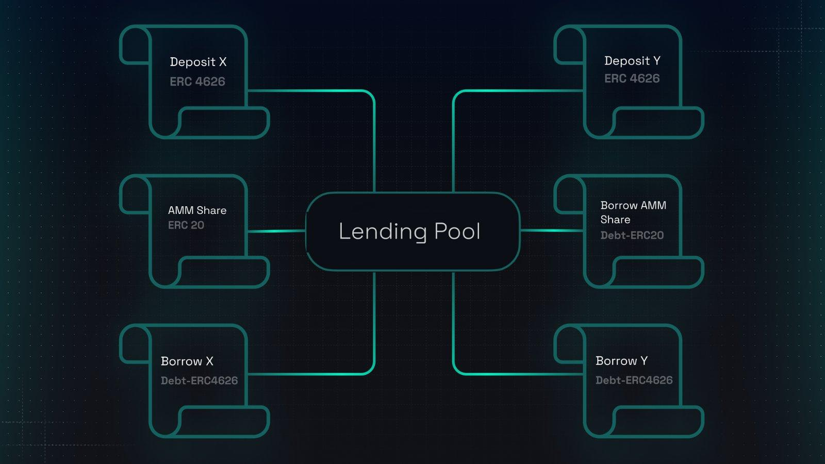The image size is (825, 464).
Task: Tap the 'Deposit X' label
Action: [198, 62]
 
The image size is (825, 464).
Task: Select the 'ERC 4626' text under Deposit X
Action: [197, 81]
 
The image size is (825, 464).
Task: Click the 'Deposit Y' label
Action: [632, 61]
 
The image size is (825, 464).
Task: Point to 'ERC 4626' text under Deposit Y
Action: [632, 78]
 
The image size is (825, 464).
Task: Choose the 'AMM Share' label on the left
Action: [197, 210]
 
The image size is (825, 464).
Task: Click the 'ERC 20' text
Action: [186, 225]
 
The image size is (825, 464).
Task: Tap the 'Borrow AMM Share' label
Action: [633, 212]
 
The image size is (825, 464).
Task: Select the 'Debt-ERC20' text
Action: [632, 236]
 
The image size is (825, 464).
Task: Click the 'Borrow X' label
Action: [187, 361]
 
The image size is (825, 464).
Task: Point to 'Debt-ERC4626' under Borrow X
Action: [199, 380]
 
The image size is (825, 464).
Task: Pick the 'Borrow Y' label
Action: [622, 361]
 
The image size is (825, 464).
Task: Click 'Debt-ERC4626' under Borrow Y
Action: [634, 380]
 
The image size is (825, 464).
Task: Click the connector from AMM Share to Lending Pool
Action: [277, 231]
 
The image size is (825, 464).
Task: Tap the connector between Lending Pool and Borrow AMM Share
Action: [552, 230]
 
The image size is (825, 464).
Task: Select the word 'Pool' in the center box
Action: [457, 231]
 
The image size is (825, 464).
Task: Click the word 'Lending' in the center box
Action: [383, 231]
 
